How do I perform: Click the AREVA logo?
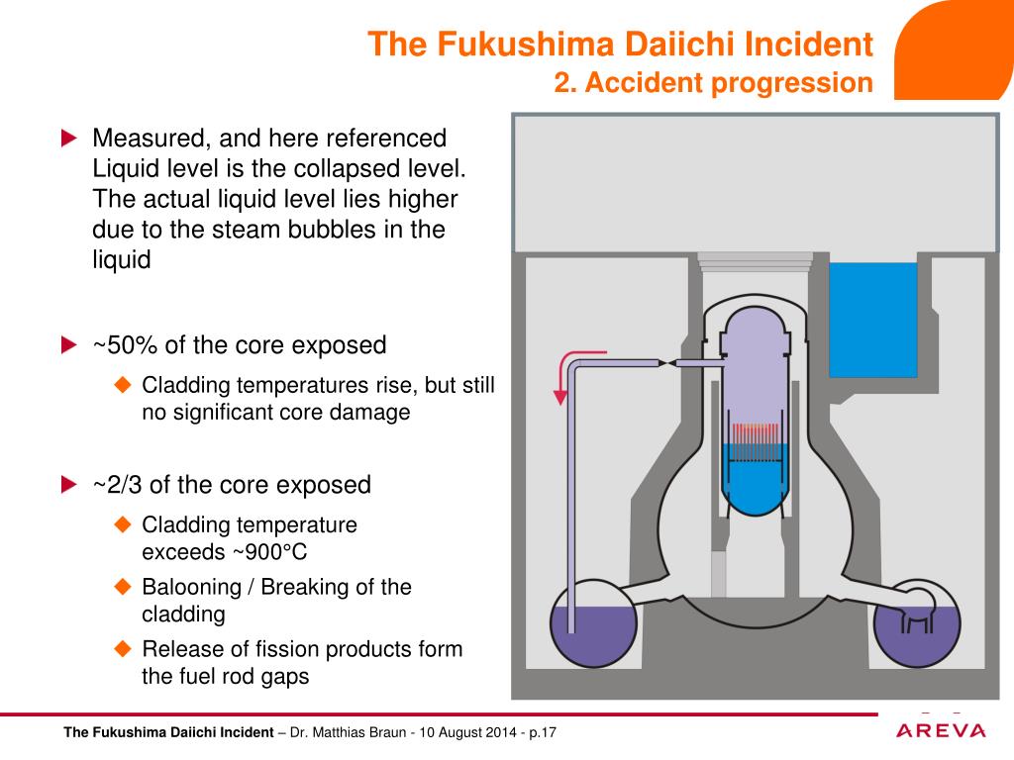pos(941,730)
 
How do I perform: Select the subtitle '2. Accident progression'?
pos(713,83)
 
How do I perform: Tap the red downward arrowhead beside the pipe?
pos(560,397)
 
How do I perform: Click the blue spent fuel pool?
pos(872,320)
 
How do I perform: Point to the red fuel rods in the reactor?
pos(754,434)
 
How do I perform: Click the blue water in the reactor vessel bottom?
pos(755,485)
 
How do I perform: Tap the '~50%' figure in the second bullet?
pos(126,345)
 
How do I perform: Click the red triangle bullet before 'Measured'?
pos(68,139)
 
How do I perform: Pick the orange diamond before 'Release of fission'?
pos(123,649)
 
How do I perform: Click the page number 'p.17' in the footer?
pos(543,733)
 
